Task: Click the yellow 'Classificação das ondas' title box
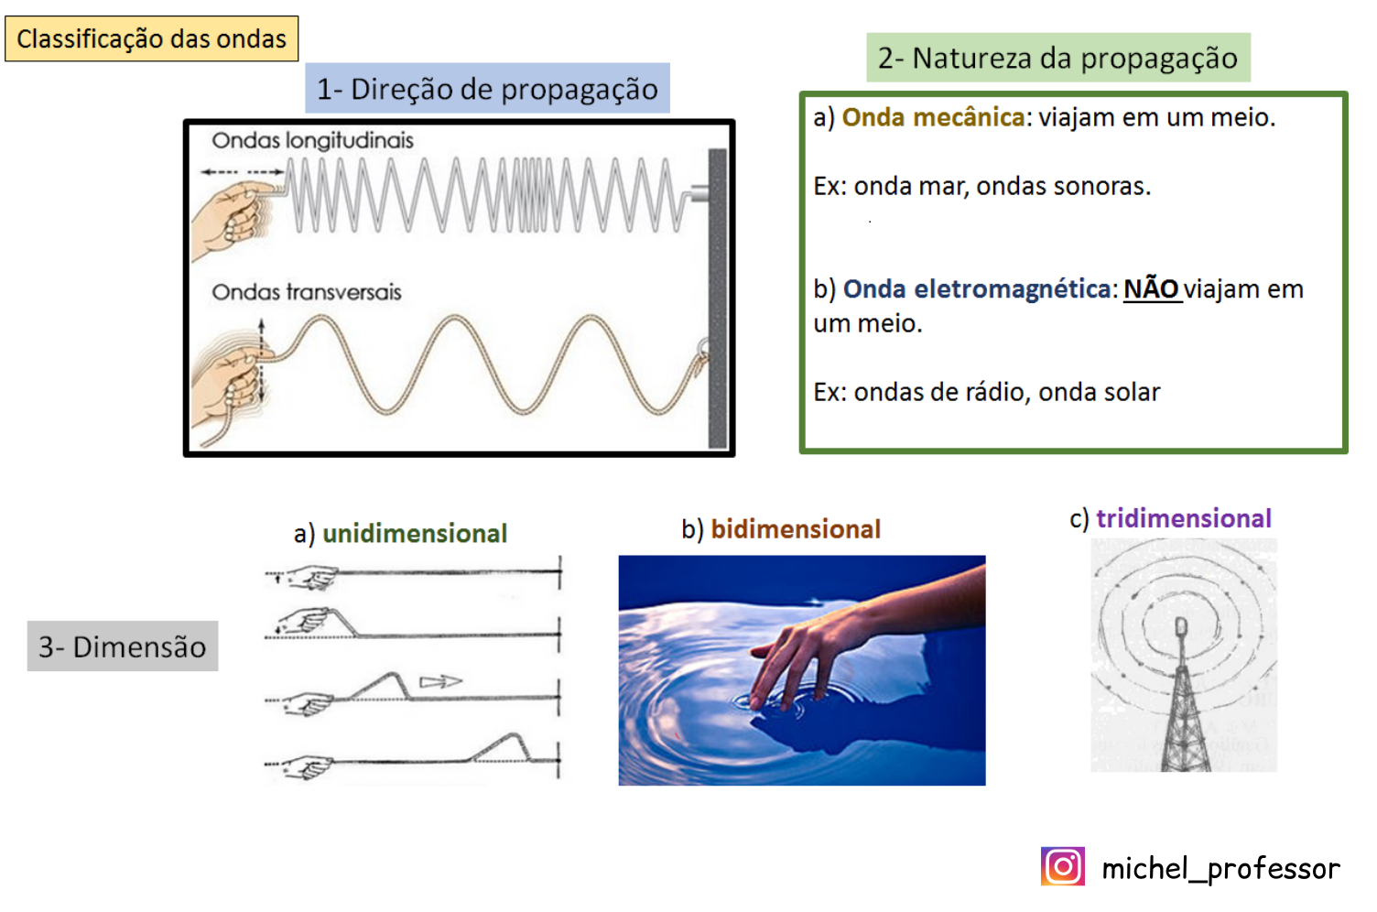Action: [x=151, y=38]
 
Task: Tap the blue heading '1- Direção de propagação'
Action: [x=487, y=88]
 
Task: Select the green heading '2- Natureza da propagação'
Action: [x=1058, y=58]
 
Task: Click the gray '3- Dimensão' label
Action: [x=123, y=646]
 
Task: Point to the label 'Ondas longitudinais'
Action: [x=312, y=141]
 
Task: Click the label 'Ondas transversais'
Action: [x=306, y=292]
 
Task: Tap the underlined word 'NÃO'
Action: [x=1152, y=289]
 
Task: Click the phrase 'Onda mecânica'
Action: [x=933, y=117]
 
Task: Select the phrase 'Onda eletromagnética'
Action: [x=977, y=289]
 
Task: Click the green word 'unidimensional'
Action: [x=415, y=534]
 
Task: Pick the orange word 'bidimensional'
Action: [x=796, y=529]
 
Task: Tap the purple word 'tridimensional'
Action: [x=1184, y=518]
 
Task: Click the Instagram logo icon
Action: [x=1063, y=866]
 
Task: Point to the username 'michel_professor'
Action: [x=1220, y=869]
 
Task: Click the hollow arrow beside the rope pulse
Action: [x=440, y=682]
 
